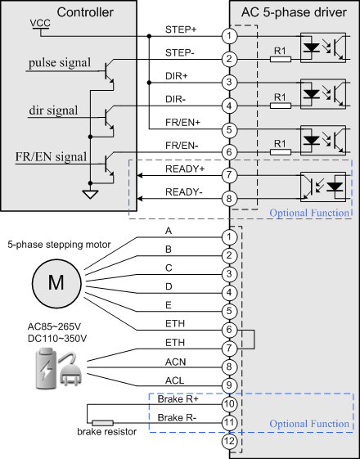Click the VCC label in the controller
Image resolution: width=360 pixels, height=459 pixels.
pos(40,23)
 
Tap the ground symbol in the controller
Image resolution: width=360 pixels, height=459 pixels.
pos(90,194)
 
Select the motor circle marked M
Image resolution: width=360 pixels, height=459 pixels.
pos(56,283)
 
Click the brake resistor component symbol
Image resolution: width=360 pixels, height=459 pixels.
pos(103,423)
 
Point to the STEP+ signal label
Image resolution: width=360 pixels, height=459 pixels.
pos(181,29)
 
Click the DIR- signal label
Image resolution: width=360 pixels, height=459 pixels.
pos(176,99)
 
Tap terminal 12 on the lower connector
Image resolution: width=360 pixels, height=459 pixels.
pos(229,441)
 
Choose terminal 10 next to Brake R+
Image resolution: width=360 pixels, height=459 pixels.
pos(229,404)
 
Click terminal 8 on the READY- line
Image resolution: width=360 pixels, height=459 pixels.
pos(229,199)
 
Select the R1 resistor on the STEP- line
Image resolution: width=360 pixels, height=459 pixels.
pos(281,60)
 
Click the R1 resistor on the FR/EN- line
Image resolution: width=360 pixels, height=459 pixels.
pos(281,152)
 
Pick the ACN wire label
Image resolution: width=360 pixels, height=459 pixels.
pos(175,362)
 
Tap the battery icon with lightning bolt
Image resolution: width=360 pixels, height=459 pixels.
pos(45,368)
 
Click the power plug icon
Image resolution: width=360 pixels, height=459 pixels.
pos(70,369)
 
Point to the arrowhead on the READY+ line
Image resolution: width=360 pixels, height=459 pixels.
pos(140,175)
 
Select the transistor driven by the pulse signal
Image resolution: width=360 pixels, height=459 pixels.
pos(109,72)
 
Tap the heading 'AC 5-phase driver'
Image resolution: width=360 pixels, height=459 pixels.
pos(294,12)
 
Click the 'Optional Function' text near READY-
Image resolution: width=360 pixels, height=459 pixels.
pos(309,213)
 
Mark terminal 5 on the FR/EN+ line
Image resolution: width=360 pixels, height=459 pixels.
pos(229,129)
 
